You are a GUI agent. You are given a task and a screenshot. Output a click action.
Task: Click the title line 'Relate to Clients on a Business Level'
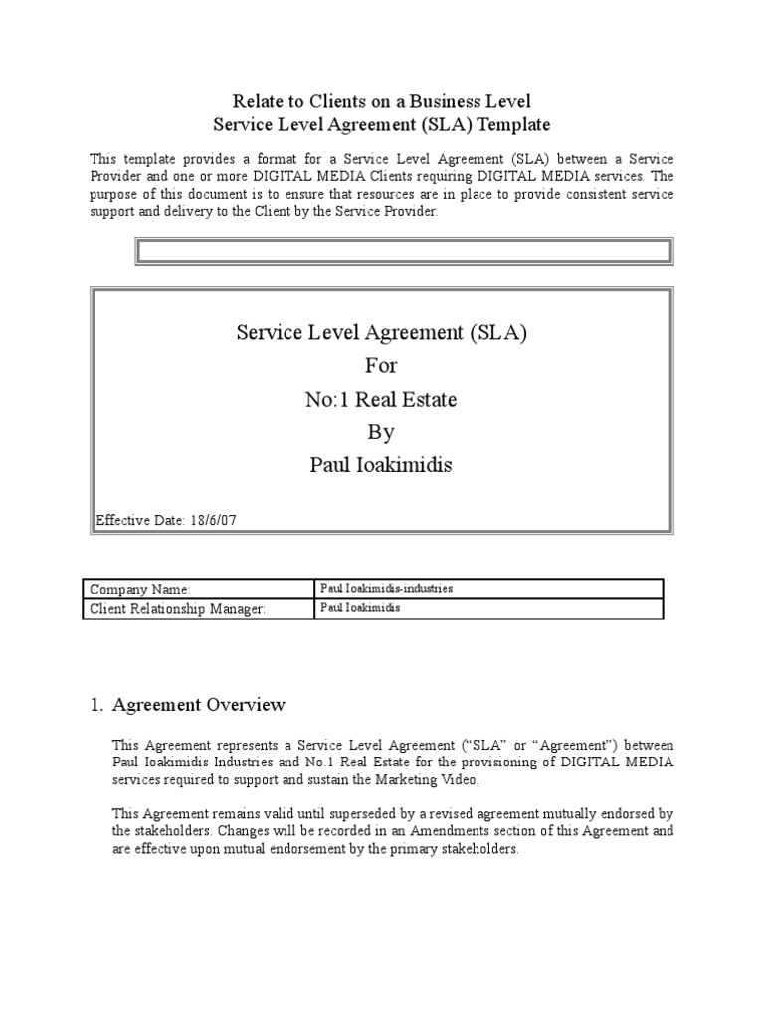381,100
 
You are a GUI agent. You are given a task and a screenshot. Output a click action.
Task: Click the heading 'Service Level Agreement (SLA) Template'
381,125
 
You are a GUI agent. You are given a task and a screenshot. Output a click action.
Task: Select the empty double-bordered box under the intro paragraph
405,252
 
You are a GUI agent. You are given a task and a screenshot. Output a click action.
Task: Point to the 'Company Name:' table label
139,590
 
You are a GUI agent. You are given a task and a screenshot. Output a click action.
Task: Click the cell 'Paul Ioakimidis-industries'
386,589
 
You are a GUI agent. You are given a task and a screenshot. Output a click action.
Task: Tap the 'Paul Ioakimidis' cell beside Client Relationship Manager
360,608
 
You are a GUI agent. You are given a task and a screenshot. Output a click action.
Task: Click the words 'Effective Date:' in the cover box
138,520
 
